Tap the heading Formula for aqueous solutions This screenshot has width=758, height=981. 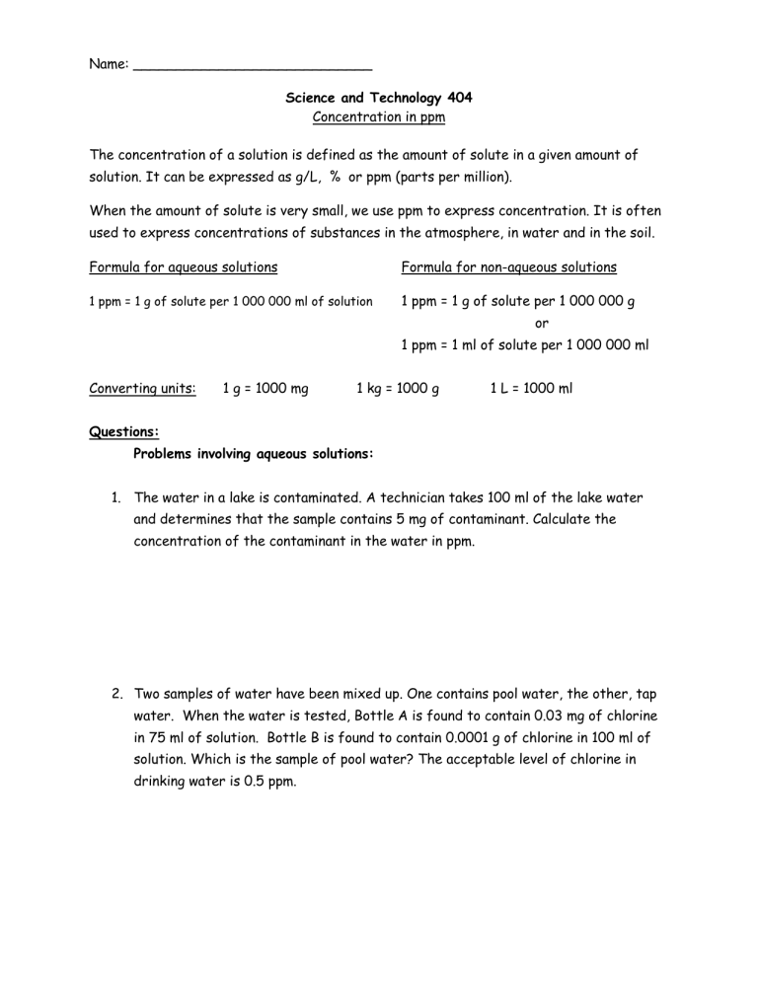[x=184, y=266]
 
